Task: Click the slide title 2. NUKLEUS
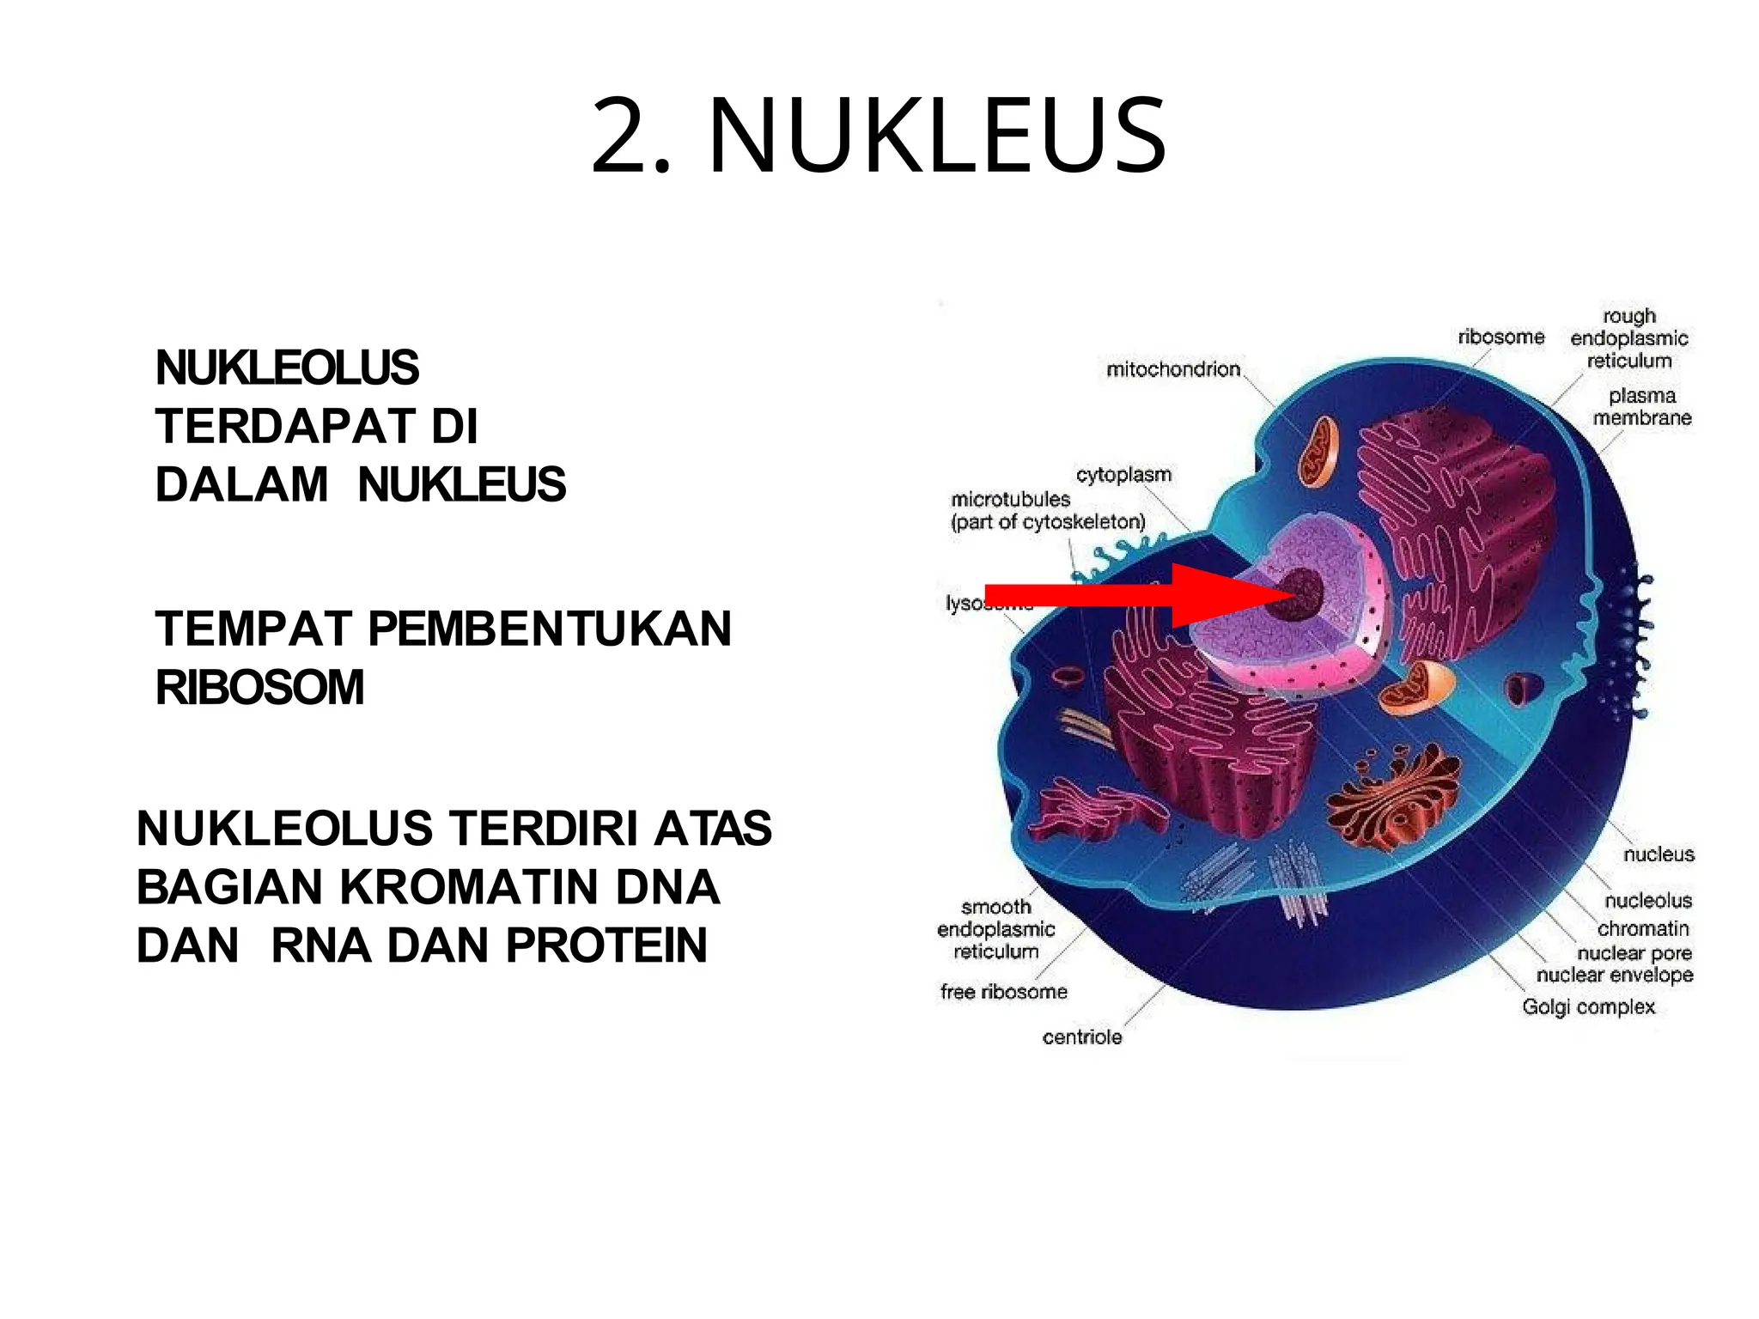[879, 136]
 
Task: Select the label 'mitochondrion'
[1173, 369]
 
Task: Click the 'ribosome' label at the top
[1500, 337]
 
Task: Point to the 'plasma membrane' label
[1641, 407]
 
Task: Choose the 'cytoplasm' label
[1123, 475]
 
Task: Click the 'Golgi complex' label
[1588, 1006]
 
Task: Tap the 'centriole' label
[1082, 1037]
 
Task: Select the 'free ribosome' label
[1003, 992]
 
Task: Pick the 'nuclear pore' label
[1634, 953]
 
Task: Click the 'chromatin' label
[1643, 928]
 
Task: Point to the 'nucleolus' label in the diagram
[1648, 900]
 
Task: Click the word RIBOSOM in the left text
[259, 688]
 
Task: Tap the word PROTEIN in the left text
[606, 945]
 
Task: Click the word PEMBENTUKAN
[550, 629]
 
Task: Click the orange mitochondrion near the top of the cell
[1318, 451]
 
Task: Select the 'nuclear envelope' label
[1615, 976]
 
